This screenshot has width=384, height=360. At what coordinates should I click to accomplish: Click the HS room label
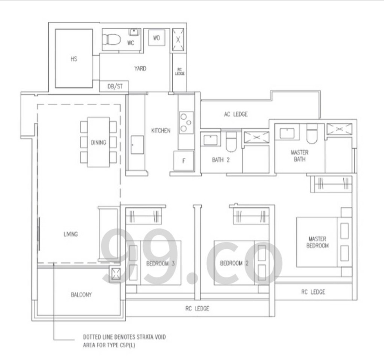(74, 59)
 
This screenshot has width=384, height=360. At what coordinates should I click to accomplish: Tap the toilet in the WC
(111, 39)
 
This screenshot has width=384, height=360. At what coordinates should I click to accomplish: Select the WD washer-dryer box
(157, 38)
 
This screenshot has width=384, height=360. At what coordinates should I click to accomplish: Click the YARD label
(140, 68)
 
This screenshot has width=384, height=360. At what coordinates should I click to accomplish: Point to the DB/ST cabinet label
(115, 86)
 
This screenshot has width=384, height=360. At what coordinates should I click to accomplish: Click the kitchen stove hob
(186, 122)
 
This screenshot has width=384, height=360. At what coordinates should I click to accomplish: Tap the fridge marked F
(184, 160)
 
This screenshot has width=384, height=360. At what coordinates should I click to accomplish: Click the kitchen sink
(137, 145)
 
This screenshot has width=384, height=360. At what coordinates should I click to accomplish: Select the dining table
(99, 142)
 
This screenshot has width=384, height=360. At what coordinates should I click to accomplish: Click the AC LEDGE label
(236, 114)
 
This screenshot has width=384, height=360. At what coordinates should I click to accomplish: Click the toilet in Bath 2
(231, 142)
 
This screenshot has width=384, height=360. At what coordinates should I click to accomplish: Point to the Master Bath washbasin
(287, 133)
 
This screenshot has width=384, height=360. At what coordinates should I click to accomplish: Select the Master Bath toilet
(312, 134)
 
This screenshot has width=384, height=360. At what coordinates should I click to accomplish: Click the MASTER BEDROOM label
(317, 242)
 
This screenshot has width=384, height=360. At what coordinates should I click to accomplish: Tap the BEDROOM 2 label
(234, 263)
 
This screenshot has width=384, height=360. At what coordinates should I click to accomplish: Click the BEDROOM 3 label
(161, 264)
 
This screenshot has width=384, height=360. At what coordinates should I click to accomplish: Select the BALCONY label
(81, 295)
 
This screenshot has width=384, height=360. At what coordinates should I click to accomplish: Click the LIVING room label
(71, 234)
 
